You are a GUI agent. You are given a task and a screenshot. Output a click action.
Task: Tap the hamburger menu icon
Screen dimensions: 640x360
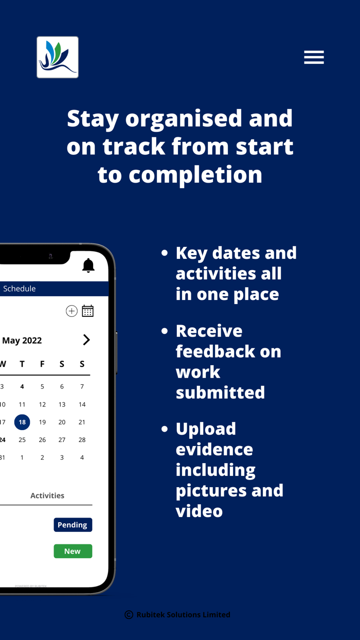point(314,57)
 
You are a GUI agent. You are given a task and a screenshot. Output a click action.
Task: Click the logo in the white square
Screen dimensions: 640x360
point(58,57)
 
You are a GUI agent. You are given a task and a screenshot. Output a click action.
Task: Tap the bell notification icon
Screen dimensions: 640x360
point(88,265)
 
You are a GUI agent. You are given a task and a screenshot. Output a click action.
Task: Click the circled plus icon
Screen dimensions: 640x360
point(71,311)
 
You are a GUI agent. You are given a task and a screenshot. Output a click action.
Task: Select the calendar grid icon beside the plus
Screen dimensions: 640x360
point(88,311)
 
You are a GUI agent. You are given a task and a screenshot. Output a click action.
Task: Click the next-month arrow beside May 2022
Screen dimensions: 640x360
point(86,340)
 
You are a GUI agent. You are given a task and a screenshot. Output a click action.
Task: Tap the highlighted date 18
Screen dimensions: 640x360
point(22,422)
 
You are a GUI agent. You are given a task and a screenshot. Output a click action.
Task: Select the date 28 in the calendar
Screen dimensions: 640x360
point(82,440)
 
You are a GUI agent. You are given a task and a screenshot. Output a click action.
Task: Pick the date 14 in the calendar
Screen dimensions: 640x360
point(82,404)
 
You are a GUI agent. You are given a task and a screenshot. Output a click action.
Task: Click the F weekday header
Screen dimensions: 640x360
point(42,364)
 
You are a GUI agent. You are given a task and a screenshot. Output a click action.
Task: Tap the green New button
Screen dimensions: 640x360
point(73,551)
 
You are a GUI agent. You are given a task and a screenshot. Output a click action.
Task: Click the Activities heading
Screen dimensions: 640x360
point(47,495)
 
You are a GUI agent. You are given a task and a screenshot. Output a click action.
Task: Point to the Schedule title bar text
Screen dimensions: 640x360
point(20,289)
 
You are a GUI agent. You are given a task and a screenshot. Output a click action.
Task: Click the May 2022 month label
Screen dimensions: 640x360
point(22,340)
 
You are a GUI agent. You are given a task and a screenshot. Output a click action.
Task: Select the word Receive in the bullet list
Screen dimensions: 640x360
point(209,331)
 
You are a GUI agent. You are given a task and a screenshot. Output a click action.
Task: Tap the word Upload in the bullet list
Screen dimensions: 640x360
point(206,429)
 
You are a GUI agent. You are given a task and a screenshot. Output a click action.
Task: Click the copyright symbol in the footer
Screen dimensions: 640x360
point(129,615)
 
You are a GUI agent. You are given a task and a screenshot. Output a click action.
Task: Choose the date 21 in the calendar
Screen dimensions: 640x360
point(82,422)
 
